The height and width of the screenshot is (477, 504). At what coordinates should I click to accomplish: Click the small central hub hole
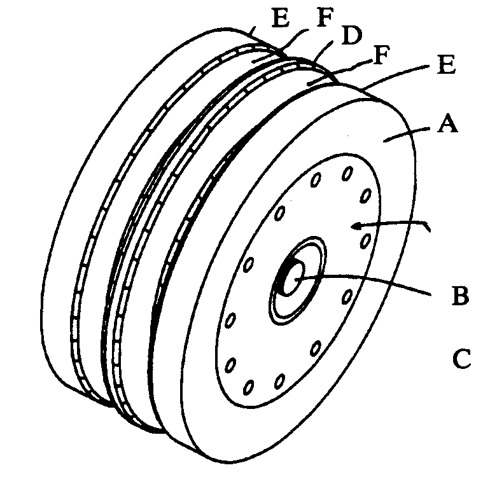pyautogui.click(x=295, y=279)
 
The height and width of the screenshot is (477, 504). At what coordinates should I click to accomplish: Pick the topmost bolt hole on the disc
pyautogui.click(x=347, y=172)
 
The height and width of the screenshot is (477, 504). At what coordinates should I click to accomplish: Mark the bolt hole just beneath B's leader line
pyautogui.click(x=347, y=297)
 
